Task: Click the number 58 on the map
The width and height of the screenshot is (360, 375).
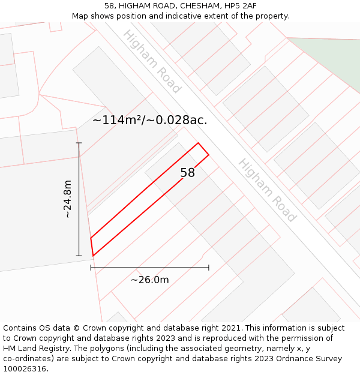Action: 188,173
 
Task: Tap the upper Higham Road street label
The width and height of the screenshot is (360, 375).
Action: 151,61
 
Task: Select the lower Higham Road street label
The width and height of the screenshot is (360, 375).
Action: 267,190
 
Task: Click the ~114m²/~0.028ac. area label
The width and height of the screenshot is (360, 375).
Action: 149,120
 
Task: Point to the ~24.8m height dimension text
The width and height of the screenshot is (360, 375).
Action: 68,199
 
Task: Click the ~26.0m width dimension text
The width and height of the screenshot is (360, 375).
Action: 150,280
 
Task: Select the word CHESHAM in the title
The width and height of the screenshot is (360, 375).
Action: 188,6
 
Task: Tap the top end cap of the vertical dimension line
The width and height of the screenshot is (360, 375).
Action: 79,143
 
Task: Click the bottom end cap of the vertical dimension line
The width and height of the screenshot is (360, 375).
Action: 79,256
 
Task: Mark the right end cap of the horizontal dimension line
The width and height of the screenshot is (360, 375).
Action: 209,268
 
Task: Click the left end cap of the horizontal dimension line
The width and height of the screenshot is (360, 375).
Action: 91,268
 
